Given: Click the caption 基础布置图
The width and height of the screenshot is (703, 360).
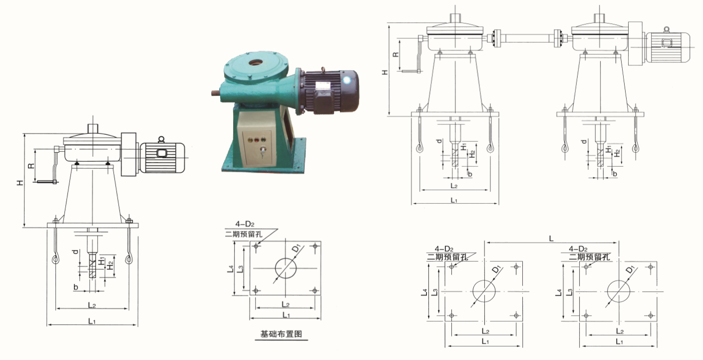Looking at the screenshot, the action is point(281,334).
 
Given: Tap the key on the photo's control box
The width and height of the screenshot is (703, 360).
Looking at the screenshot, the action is point(262,152).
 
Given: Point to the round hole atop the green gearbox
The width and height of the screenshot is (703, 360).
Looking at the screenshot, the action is point(256,63).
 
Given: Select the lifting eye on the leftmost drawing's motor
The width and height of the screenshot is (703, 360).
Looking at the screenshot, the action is point(161,139).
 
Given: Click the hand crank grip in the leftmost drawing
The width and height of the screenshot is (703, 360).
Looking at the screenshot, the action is point(47,181).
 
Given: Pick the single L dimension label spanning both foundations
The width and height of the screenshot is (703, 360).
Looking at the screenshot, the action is point(551,239).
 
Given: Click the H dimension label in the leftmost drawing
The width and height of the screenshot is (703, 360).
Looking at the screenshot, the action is point(20,182).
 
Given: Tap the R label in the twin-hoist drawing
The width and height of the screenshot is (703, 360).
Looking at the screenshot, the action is point(396,54).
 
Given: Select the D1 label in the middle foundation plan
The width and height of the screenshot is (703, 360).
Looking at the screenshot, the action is point(296,248).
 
